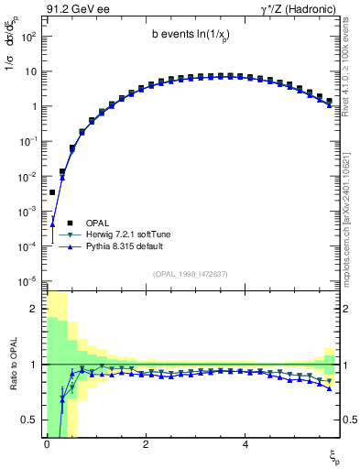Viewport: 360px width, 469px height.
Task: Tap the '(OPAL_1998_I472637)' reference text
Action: click(x=191, y=273)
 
